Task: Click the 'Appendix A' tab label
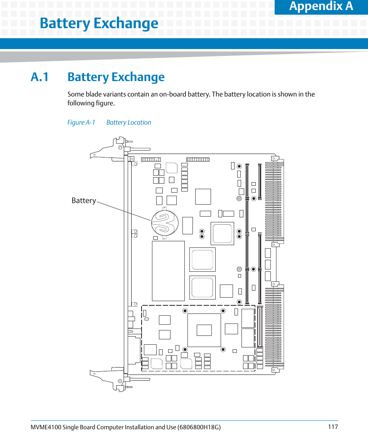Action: (x=321, y=6)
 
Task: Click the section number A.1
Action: (x=40, y=77)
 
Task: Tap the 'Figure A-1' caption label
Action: (x=81, y=122)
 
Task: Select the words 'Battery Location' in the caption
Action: (x=128, y=122)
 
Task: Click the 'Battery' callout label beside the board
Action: (x=84, y=200)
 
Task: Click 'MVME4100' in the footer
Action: (x=43, y=427)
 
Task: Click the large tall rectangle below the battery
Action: (x=168, y=271)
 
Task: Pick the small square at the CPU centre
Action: (x=204, y=330)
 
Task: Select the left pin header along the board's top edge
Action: (x=151, y=159)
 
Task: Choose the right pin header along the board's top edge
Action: (x=198, y=159)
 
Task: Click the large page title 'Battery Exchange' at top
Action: (x=99, y=24)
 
